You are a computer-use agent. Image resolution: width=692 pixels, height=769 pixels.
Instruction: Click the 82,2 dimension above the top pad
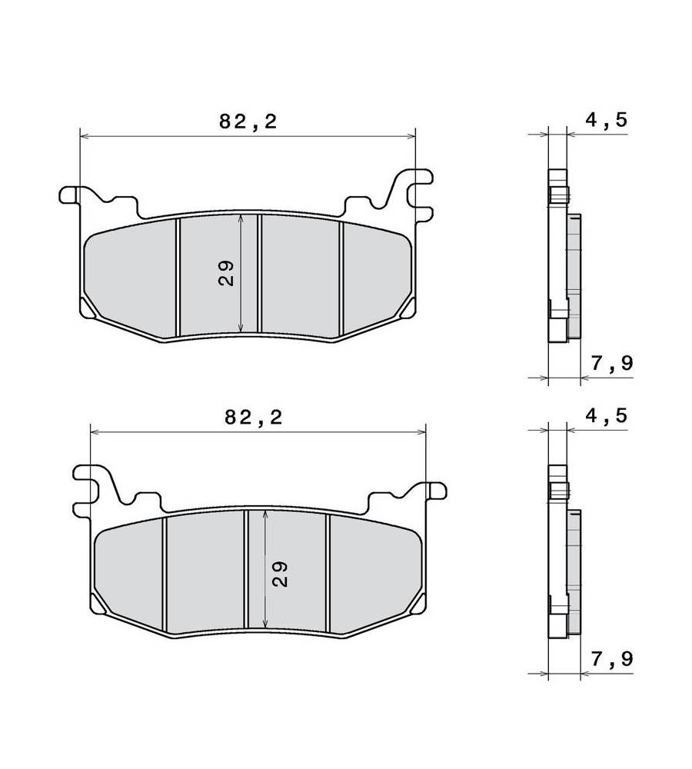(248, 122)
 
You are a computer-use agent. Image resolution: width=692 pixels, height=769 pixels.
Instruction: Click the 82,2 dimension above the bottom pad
(254, 418)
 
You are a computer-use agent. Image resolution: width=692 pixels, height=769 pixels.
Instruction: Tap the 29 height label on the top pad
(226, 274)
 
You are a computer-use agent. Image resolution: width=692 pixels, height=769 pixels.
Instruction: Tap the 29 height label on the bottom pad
(280, 574)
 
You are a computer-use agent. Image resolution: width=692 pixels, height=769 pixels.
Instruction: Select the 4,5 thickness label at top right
(607, 119)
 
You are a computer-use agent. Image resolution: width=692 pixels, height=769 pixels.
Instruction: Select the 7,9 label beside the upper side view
(612, 364)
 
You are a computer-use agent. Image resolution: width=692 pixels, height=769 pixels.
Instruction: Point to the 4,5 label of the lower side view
(607, 415)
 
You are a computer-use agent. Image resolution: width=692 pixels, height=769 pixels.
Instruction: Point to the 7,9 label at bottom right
(612, 659)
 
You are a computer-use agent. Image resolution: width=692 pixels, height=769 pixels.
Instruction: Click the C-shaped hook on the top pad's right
(421, 195)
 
